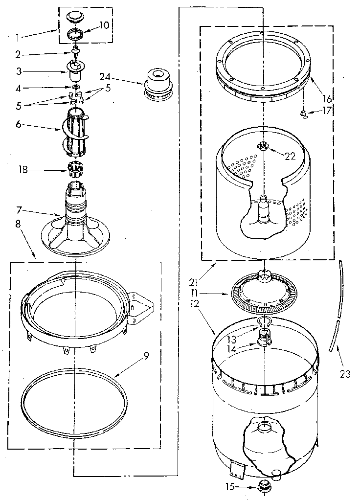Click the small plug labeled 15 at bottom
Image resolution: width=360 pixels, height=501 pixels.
(264, 487)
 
